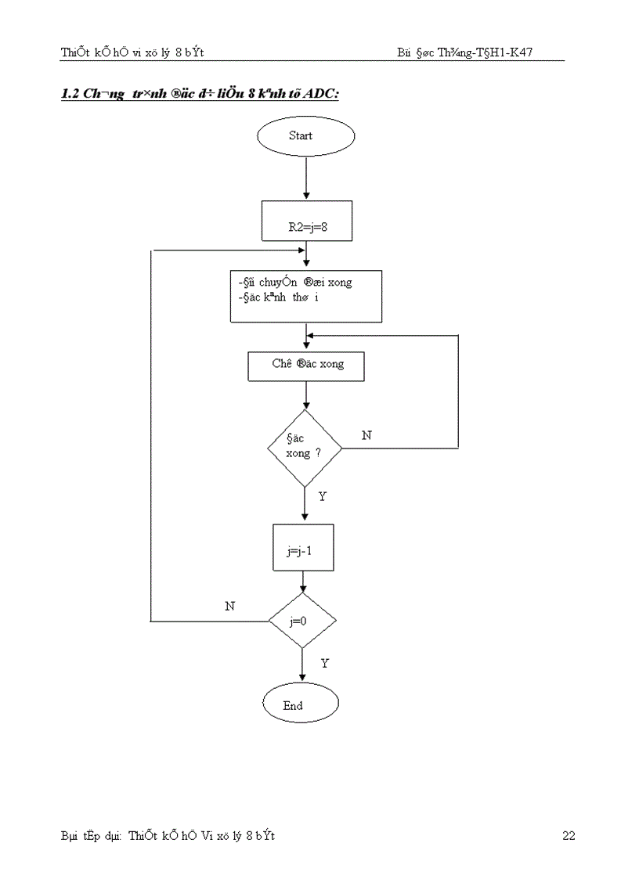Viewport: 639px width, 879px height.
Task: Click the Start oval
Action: (305, 136)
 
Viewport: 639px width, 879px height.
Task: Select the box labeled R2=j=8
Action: (306, 221)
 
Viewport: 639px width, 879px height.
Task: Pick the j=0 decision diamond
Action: (302, 621)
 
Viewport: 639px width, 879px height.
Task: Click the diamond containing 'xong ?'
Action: (305, 449)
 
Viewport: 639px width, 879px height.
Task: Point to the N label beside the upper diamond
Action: (366, 435)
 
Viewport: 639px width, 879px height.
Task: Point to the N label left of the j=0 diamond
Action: (229, 606)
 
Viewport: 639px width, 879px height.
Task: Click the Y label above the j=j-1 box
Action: (323, 497)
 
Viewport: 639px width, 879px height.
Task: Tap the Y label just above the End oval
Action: (325, 663)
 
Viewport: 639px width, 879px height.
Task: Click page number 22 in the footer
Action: (569, 836)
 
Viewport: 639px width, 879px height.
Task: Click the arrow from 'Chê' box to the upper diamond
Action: (305, 395)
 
